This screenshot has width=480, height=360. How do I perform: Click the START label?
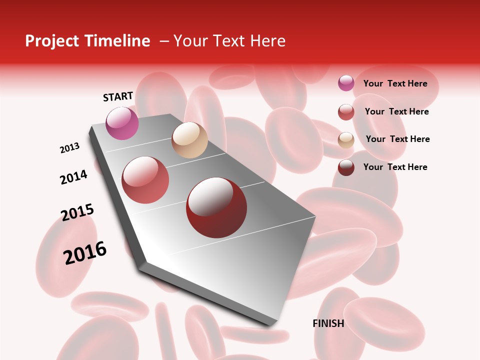coord(118,96)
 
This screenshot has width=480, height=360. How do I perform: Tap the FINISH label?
coord(328,323)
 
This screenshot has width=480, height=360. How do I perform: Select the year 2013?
coord(69,148)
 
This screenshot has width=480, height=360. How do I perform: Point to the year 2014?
coord(73,177)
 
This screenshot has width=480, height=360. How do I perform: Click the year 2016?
coord(85,252)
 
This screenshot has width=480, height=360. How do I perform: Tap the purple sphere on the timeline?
coord(122,123)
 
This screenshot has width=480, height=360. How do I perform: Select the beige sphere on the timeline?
coord(189,140)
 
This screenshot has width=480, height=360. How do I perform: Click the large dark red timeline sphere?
coord(216,207)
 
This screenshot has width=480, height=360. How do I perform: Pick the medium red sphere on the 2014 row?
coord(145,180)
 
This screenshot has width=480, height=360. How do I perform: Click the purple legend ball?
coord(346,83)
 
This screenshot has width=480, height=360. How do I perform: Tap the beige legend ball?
coord(346,140)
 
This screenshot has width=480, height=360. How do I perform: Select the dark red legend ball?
coord(346,167)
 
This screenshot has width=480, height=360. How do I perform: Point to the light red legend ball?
coord(346,111)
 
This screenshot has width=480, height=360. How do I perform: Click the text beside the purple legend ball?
coord(395,83)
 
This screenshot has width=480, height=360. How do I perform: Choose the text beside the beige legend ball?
coord(397,139)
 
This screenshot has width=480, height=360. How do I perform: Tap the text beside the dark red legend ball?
coord(395,167)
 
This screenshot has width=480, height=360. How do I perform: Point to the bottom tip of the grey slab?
coord(270,325)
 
